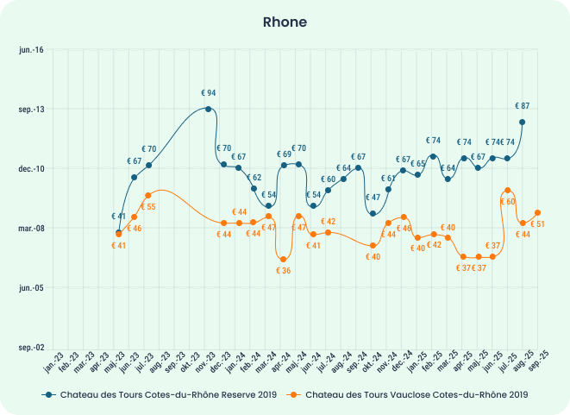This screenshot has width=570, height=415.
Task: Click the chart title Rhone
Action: (x=285, y=22)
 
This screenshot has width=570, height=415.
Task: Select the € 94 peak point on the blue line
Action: (x=209, y=109)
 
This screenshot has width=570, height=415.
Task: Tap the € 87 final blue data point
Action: (x=523, y=123)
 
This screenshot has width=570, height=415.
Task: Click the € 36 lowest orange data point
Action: (x=283, y=259)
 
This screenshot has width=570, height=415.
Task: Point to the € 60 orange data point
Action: (x=508, y=190)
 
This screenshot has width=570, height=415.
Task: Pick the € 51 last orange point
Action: (x=538, y=212)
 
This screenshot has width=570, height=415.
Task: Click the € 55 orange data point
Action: (x=148, y=196)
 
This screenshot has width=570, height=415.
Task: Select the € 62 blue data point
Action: (x=254, y=188)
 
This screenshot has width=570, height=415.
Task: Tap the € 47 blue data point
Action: (x=373, y=213)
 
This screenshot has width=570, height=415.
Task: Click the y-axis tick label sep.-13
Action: (x=31, y=110)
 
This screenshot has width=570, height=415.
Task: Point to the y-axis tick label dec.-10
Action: (x=31, y=169)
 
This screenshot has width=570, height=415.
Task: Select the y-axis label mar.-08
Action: (x=31, y=229)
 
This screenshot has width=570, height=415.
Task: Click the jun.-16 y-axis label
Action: (x=31, y=50)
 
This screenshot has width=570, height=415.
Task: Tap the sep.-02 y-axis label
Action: (x=31, y=348)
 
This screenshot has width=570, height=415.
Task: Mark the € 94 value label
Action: (x=209, y=92)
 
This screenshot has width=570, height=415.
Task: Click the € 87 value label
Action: (x=523, y=105)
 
